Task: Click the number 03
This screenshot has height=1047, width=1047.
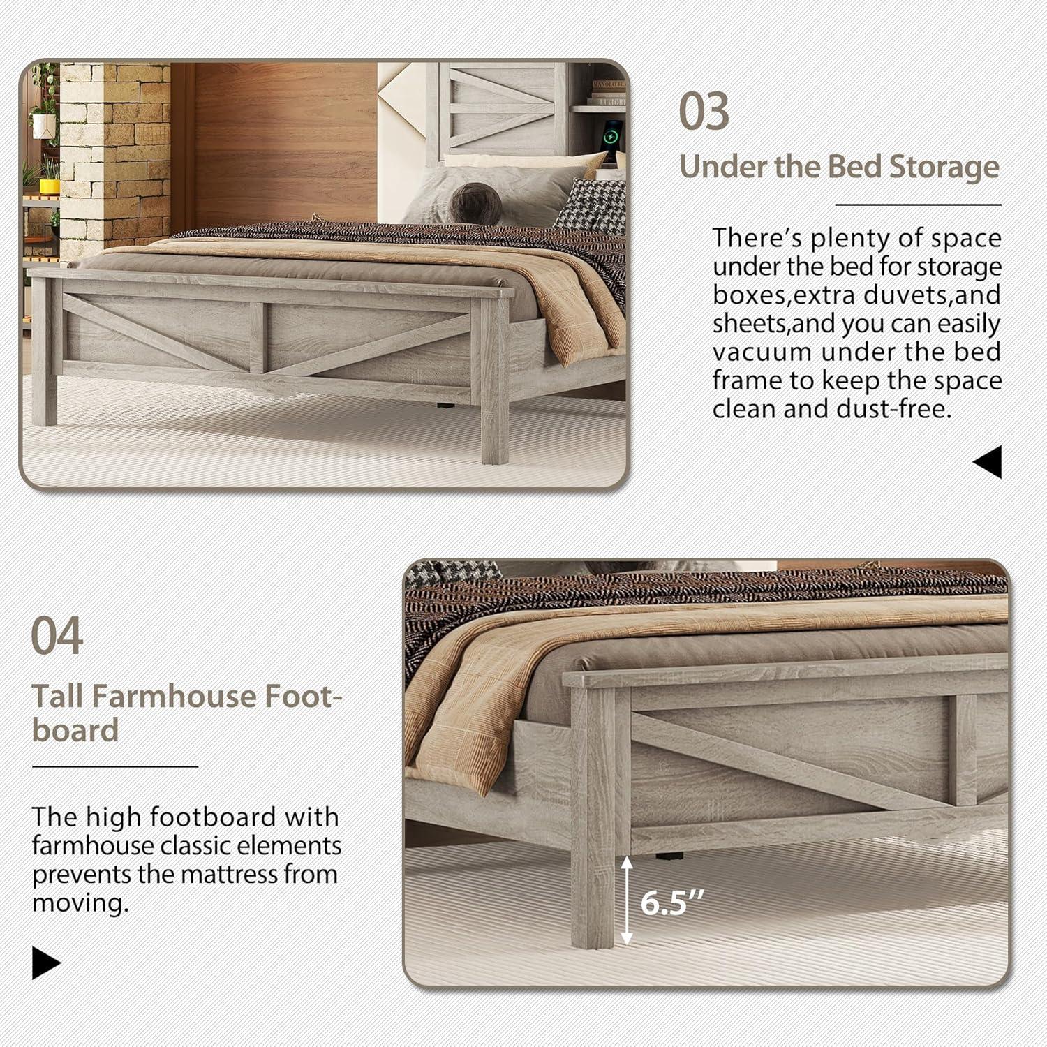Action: pyautogui.click(x=704, y=112)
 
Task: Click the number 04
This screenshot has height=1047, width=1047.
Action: pyautogui.click(x=57, y=635)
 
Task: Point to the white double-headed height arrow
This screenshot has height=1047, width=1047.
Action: pyautogui.click(x=627, y=900)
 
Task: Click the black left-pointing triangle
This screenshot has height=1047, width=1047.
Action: pyautogui.click(x=988, y=462)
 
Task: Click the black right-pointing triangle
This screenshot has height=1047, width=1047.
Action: pyautogui.click(x=46, y=963)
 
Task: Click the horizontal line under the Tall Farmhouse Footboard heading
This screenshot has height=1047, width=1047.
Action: pyautogui.click(x=115, y=766)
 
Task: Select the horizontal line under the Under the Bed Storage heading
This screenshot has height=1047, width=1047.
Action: pyautogui.click(x=918, y=205)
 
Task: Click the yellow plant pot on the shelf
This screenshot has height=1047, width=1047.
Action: pyautogui.click(x=50, y=185)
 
